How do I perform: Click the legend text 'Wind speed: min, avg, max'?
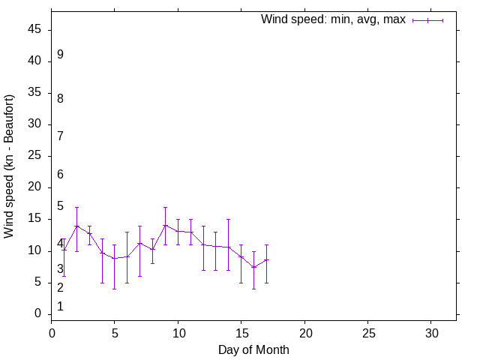333,19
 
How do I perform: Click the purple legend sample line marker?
427,20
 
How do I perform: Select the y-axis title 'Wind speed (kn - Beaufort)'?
9,166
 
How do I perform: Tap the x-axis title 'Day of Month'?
253,349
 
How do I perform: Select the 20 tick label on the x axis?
304,331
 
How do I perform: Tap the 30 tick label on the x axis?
431,331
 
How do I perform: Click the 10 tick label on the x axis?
178,331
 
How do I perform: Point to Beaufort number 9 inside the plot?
60,55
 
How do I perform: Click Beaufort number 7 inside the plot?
60,136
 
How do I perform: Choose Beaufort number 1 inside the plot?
60,307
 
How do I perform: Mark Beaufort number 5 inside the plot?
60,206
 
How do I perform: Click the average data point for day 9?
165,225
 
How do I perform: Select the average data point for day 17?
266,259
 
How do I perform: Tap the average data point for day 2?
76,226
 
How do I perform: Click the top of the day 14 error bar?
228,219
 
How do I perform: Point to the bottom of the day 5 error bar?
115,289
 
